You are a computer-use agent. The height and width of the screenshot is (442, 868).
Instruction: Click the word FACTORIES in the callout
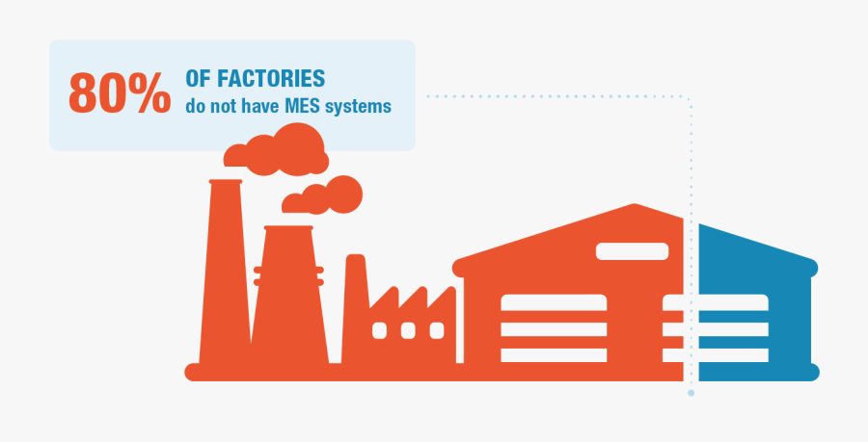(x=269, y=80)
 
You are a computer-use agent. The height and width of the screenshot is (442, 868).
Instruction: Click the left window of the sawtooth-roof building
(x=379, y=330)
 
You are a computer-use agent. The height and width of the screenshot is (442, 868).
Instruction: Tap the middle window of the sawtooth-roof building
(x=407, y=330)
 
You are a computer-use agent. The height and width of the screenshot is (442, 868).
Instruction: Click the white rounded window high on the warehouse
(x=632, y=251)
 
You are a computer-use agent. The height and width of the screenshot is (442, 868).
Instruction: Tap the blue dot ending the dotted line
(x=691, y=393)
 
